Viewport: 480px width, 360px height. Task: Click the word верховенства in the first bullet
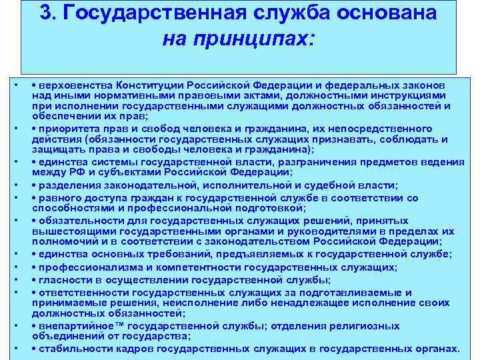coord(76,86)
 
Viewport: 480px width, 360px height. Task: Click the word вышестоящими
coord(70,231)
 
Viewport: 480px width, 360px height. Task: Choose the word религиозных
coord(371,326)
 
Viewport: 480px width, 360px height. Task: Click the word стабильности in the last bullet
coord(71,349)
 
